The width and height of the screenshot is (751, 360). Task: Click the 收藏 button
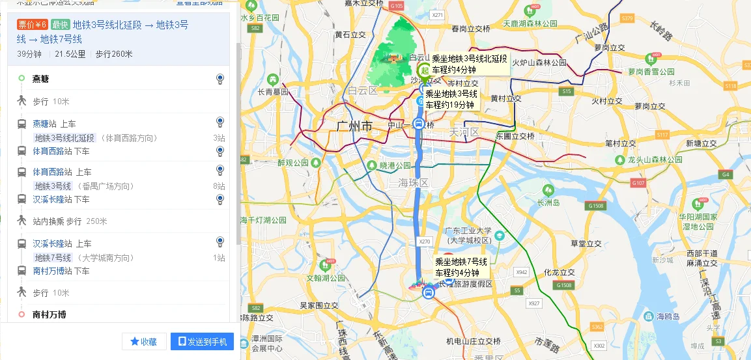(x=143, y=342)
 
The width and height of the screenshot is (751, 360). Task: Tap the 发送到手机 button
(x=202, y=342)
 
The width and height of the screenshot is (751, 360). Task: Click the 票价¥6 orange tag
(x=32, y=25)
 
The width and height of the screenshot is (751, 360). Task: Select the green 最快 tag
(x=60, y=25)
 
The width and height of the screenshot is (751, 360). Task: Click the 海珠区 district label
(x=414, y=184)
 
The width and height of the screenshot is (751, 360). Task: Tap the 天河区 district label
(x=464, y=132)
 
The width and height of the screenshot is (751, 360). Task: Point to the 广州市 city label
(x=355, y=126)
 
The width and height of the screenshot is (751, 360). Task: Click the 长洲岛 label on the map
(x=548, y=202)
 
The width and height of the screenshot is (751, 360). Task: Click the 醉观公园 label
(x=293, y=163)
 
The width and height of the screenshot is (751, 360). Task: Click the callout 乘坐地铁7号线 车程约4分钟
(x=461, y=267)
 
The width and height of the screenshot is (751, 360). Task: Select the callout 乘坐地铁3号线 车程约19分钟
(x=452, y=99)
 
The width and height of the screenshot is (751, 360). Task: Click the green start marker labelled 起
(x=424, y=70)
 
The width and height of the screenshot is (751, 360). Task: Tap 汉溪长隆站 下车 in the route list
(x=61, y=199)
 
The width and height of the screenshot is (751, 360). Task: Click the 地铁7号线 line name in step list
(x=53, y=258)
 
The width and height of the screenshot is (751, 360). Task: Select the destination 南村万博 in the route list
(x=50, y=314)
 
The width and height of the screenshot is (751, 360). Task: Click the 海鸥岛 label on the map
(x=668, y=316)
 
